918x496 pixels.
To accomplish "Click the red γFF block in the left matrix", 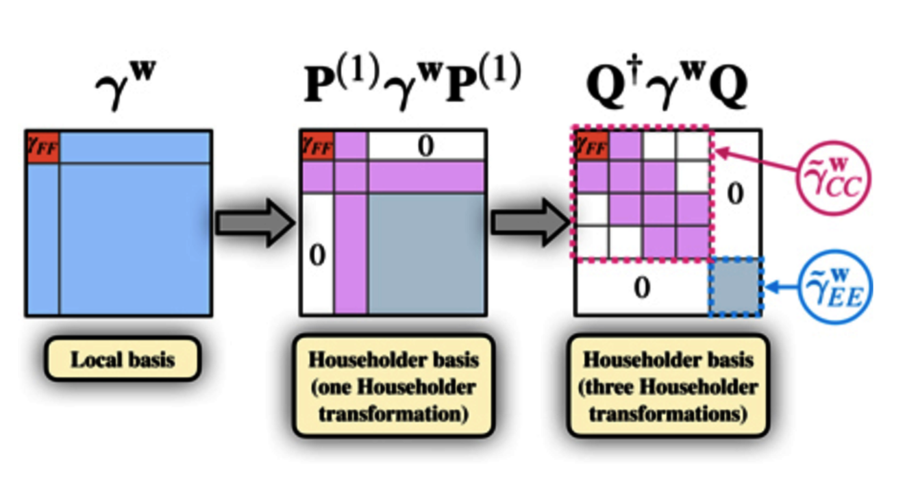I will tap(42, 146).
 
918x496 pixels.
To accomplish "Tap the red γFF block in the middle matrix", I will tap(317, 145).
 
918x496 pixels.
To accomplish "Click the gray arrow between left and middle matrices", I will tap(254, 223).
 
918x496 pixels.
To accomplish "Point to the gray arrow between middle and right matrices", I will tap(530, 223).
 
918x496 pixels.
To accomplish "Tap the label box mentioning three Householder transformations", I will tap(667, 386).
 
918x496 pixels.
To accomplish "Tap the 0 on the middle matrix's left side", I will tap(317, 255).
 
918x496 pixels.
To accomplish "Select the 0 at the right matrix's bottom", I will tap(641, 288).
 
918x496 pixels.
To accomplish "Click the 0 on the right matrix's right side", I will tap(735, 195).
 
